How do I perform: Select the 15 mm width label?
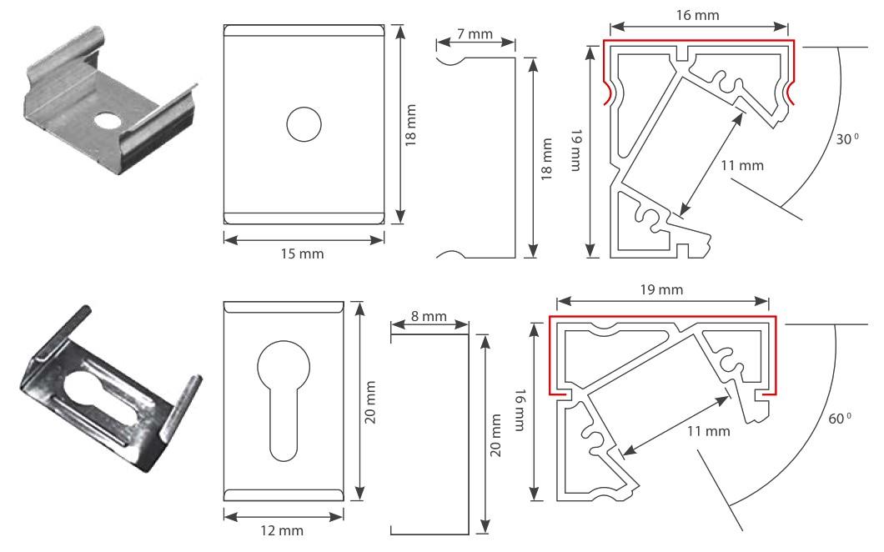302,253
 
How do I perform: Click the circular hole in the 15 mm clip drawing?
304,124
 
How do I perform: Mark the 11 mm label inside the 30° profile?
741,165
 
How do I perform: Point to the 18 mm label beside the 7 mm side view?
546,158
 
